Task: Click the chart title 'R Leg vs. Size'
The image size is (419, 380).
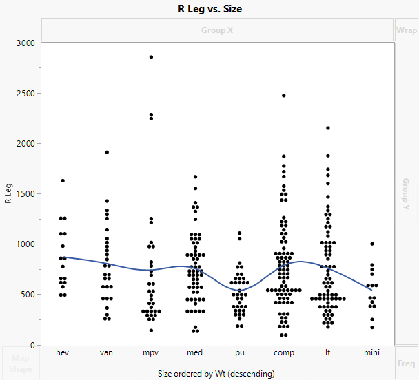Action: [209, 9]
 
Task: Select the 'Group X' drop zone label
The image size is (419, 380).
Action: [217, 30]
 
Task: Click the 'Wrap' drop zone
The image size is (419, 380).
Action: [406, 30]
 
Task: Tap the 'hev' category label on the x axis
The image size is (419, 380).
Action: [63, 352]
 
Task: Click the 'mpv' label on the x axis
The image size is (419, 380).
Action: [151, 352]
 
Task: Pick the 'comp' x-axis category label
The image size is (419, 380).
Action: [283, 352]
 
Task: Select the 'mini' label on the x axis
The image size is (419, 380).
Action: [371, 352]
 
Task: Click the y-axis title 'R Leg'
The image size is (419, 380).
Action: [8, 193]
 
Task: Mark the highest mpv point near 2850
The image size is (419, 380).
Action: [151, 57]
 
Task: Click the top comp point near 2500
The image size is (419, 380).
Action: [283, 96]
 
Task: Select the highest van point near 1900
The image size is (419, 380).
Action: [107, 152]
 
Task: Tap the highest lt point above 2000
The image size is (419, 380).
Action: [327, 128]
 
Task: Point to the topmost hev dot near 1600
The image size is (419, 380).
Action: [63, 180]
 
